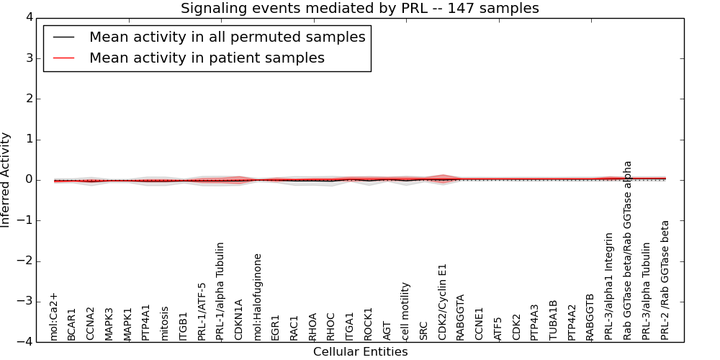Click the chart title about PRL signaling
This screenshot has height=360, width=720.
pos(359,9)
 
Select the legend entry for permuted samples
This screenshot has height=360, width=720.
pos(227,37)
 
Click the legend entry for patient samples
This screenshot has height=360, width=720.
pos(207,58)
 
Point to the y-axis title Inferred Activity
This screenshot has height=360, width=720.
pos(6,180)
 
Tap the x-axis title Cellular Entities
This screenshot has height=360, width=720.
pos(360,352)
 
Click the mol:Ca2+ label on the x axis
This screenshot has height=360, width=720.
pos(53,316)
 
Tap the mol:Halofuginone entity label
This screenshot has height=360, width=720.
pos(258,297)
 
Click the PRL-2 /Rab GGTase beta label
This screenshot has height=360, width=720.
pos(665,280)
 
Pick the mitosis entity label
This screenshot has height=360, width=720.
pos(165,323)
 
